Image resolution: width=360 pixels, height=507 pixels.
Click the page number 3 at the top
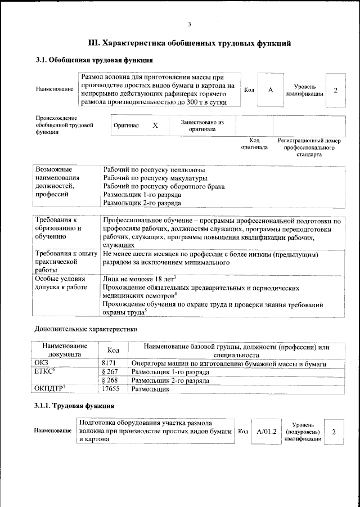[190, 24]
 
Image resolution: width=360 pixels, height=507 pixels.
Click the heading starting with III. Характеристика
[190, 42]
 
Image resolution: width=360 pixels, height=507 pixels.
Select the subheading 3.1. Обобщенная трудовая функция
[94, 60]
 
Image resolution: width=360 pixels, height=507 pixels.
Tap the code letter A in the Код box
[271, 90]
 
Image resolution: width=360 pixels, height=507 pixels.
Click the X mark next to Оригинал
[155, 126]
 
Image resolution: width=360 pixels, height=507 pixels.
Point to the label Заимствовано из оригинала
[202, 125]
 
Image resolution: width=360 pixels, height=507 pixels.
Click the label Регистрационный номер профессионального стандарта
[309, 147]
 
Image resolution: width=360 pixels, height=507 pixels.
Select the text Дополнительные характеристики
[85, 329]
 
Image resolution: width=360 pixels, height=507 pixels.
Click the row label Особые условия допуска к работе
[61, 283]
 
